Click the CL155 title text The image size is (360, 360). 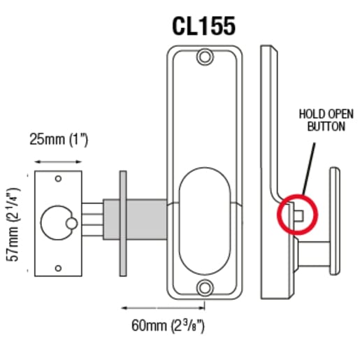pyautogui.click(x=203, y=25)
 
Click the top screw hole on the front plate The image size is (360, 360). pyautogui.click(x=204, y=56)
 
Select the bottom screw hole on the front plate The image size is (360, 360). pyautogui.click(x=204, y=287)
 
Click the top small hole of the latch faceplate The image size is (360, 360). pyautogui.click(x=58, y=180)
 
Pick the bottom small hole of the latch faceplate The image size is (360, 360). pyautogui.click(x=58, y=266)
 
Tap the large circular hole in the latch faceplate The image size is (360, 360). pyautogui.click(x=55, y=223)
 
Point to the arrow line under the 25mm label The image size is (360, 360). pyautogui.click(x=58, y=161)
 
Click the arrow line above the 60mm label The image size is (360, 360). pyautogui.click(x=165, y=305)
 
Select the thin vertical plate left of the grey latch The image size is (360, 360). pyautogui.click(x=124, y=224)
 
